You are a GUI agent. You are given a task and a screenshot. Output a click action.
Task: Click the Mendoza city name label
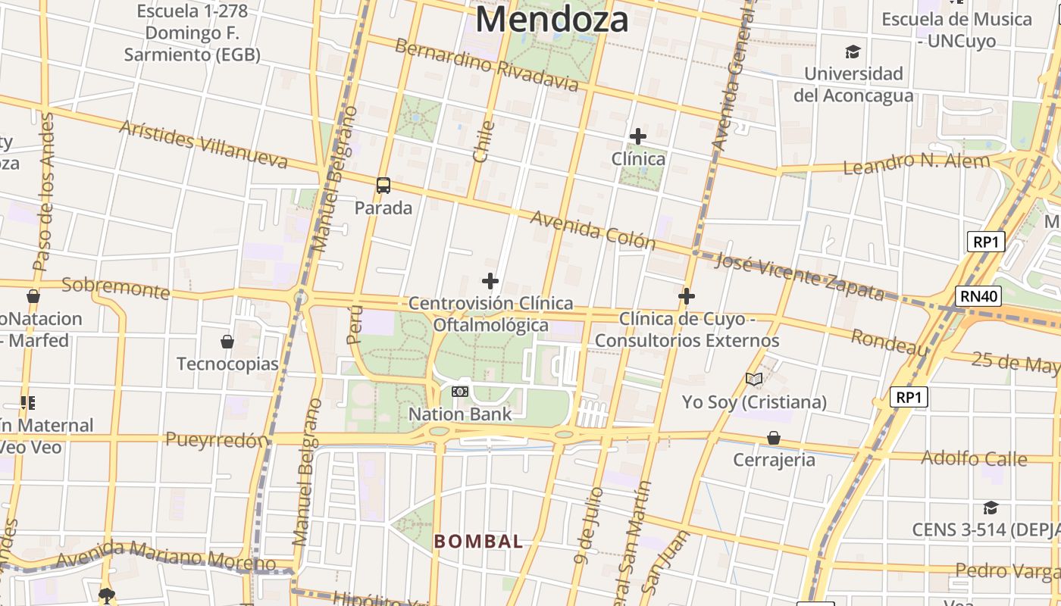coord(552,20)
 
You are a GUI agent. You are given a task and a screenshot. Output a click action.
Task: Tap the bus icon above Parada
coord(383,186)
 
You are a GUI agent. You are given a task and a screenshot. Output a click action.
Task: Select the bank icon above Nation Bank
coord(460,392)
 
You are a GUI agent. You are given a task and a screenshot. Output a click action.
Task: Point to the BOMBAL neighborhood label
coord(478,542)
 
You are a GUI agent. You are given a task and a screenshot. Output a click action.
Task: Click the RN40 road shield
coord(978,296)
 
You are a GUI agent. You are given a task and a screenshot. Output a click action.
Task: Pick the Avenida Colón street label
coord(593,230)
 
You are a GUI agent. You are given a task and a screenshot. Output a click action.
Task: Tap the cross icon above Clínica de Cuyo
coord(687,296)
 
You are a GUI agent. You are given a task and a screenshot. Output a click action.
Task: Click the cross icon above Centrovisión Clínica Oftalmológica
coord(490,281)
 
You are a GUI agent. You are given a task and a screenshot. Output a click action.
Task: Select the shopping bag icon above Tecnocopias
coord(227,342)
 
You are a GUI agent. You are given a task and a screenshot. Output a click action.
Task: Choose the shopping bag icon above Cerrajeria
coord(774,438)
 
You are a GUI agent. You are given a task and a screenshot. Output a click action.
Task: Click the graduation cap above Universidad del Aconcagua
coord(853,52)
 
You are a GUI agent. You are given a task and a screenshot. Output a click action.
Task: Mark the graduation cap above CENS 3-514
coord(991,508)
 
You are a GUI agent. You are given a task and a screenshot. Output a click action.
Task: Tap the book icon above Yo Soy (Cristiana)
coord(754,379)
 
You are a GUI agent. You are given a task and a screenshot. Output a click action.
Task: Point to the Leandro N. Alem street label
coord(916,163)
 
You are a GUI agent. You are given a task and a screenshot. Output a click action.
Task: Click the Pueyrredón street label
coord(217,440)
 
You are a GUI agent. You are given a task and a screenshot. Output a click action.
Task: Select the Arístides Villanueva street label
coord(203,144)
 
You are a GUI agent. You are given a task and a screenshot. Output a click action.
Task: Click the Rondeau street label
coord(889,342)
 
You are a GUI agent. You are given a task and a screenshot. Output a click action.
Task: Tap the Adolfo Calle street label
coord(974,458)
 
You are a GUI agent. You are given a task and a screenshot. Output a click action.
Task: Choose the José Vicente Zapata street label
coord(800,276)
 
